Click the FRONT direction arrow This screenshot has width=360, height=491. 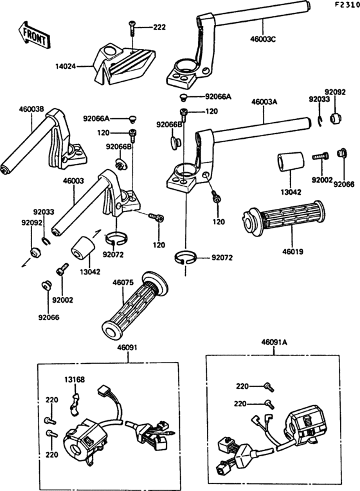(33, 35)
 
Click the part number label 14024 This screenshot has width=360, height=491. (66, 66)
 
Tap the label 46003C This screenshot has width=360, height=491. (263, 39)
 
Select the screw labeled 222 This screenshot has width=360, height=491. (132, 28)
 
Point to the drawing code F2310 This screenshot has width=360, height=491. (347, 4)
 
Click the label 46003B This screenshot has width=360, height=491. (32, 109)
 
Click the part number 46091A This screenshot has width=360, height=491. (274, 343)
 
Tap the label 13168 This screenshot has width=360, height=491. (75, 380)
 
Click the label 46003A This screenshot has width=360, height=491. (264, 102)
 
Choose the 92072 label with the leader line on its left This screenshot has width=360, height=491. (222, 258)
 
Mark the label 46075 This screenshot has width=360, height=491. (123, 282)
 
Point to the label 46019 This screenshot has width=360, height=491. (293, 251)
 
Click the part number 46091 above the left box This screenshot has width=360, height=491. (127, 348)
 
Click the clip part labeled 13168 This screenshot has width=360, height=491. (75, 405)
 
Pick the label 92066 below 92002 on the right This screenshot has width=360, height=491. (344, 184)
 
